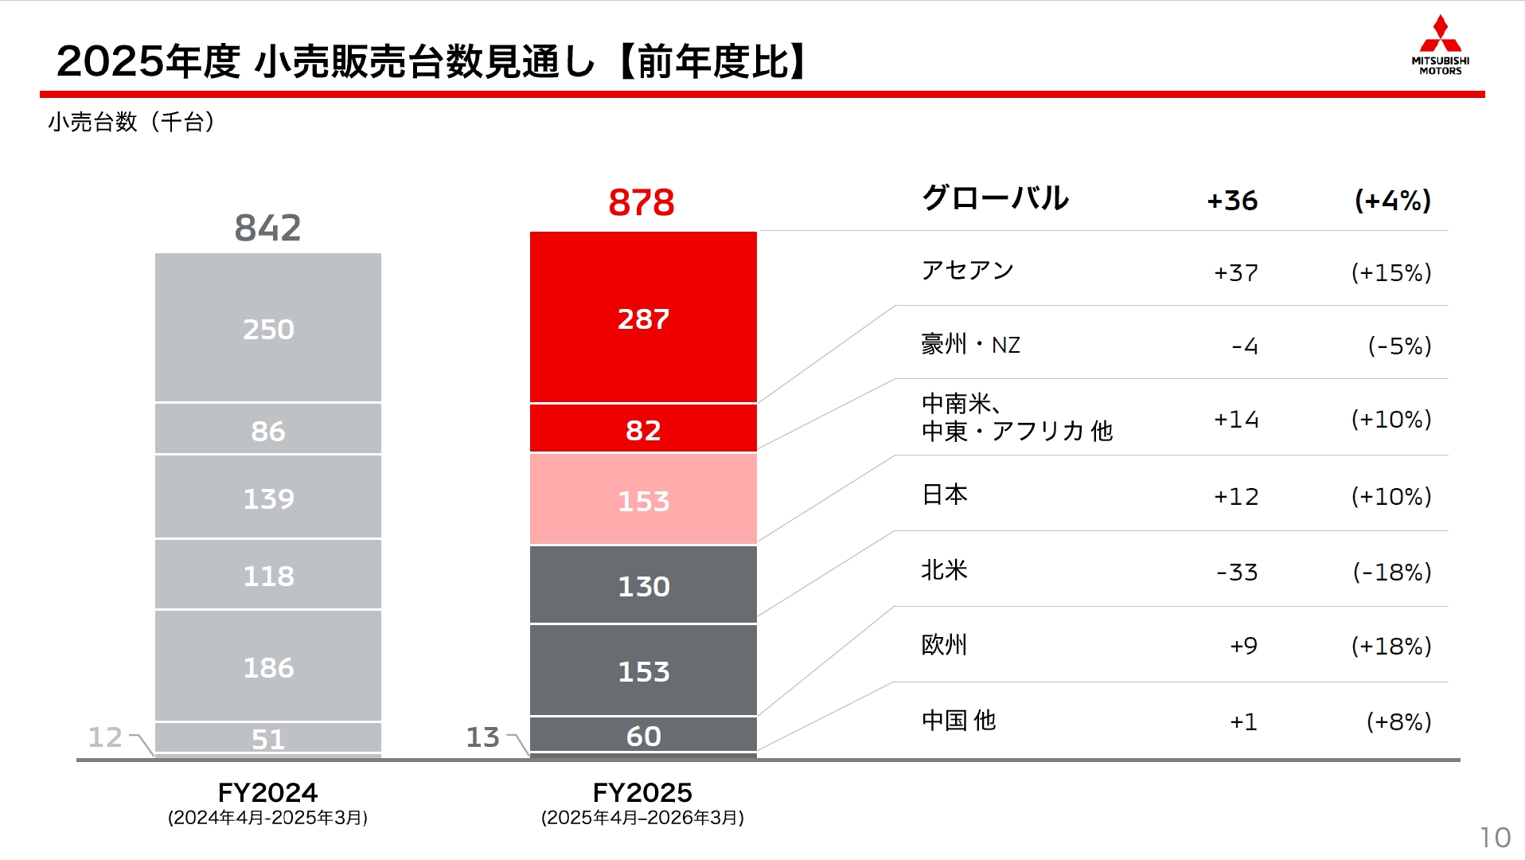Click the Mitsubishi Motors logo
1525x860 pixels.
(x=1440, y=45)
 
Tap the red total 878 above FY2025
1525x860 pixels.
(x=642, y=202)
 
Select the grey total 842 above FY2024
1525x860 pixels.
(x=267, y=229)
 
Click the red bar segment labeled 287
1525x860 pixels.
(x=643, y=318)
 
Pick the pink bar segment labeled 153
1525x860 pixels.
(x=643, y=499)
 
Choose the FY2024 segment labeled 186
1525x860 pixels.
(x=268, y=666)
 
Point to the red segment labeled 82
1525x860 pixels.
(x=643, y=429)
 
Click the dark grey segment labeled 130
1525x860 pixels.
(x=643, y=585)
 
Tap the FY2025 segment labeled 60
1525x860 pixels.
(x=643, y=735)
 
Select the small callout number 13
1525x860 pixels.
(x=482, y=737)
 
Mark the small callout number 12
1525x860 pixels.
(x=105, y=737)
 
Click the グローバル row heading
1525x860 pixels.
(x=995, y=198)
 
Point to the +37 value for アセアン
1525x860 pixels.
(x=1235, y=273)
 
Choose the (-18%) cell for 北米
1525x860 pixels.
(x=1391, y=572)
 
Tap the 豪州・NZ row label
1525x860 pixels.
(x=970, y=345)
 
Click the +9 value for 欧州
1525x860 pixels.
(x=1243, y=646)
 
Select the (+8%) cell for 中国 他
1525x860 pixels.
(x=1398, y=721)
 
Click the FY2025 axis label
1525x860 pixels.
(x=642, y=793)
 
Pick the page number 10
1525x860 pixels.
(x=1495, y=837)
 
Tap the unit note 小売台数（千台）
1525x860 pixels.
(x=131, y=122)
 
